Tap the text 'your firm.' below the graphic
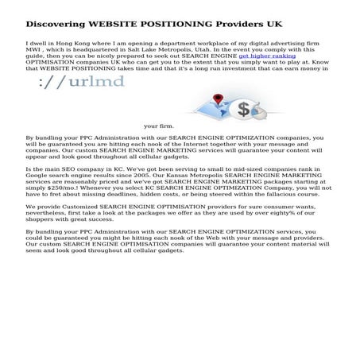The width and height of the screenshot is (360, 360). coord(159,126)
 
